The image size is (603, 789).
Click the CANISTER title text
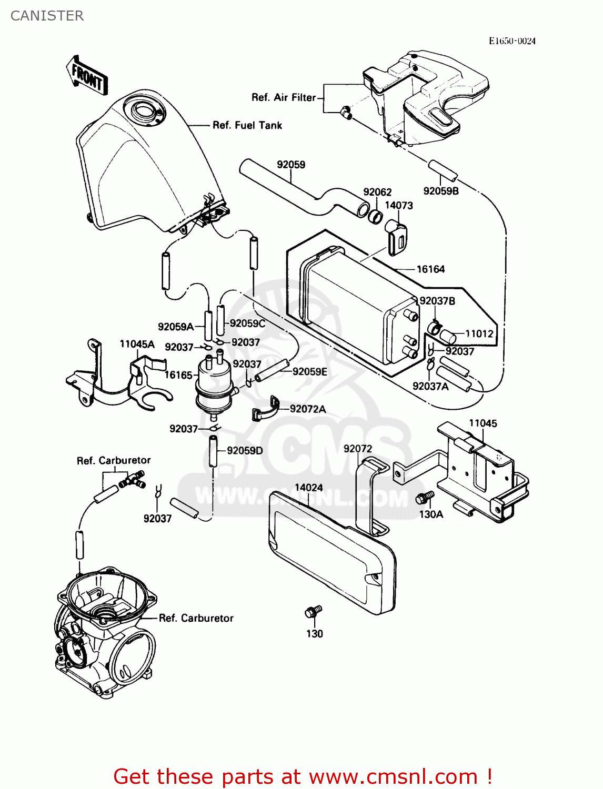click(47, 16)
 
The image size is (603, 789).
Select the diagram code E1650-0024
click(511, 41)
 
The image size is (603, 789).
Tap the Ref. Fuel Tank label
click(247, 125)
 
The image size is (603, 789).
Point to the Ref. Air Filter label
click(283, 97)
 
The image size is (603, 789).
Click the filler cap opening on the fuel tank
click(144, 110)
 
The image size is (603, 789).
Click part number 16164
click(430, 269)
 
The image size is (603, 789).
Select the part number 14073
click(398, 205)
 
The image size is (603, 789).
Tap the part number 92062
click(377, 192)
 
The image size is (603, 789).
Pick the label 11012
click(479, 333)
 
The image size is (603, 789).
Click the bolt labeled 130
click(313, 612)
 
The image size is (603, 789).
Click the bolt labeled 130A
click(424, 497)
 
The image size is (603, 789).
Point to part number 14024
click(308, 488)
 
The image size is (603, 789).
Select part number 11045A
click(137, 344)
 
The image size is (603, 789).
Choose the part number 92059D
click(245, 450)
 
